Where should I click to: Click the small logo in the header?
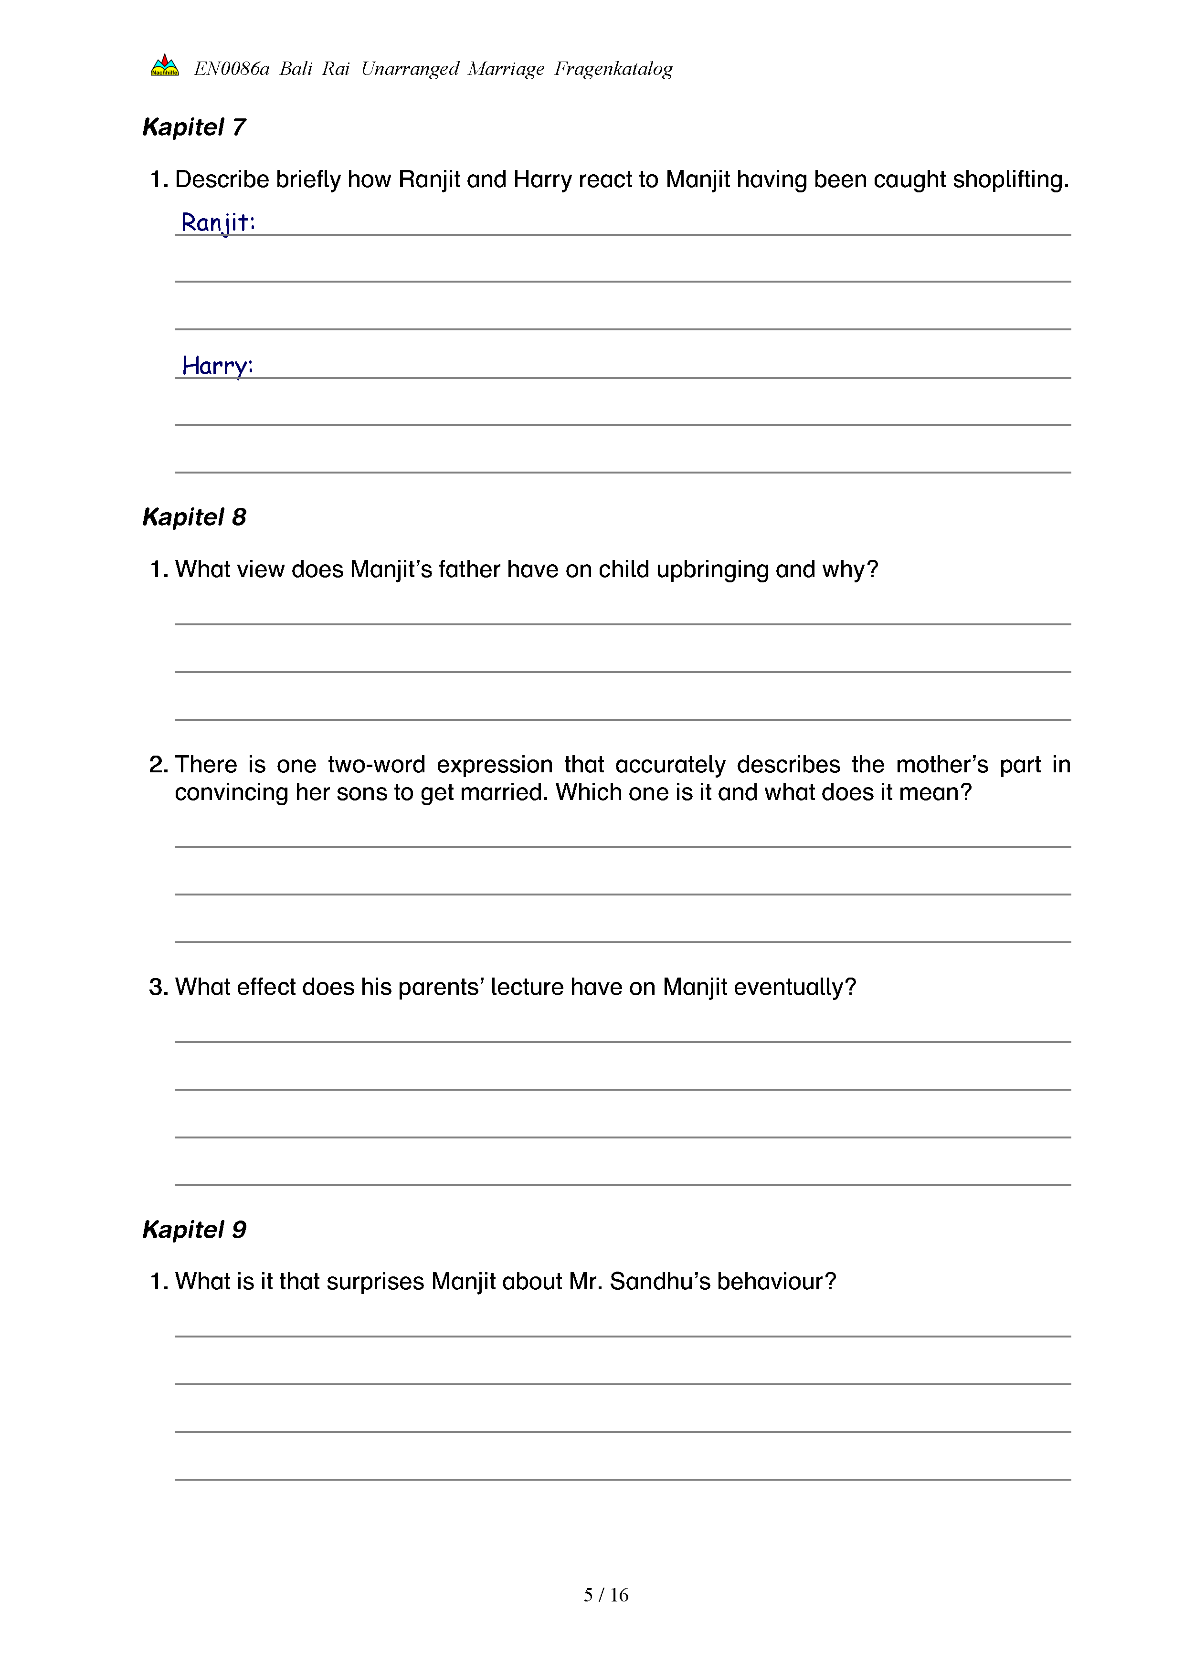click(x=165, y=65)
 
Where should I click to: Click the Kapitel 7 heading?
click(x=194, y=127)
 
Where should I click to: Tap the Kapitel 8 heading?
click(x=194, y=517)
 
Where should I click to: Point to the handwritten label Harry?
click(x=217, y=365)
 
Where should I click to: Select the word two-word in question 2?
click(x=376, y=764)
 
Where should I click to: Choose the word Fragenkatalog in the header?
click(x=613, y=69)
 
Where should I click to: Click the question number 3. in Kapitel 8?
click(x=158, y=987)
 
